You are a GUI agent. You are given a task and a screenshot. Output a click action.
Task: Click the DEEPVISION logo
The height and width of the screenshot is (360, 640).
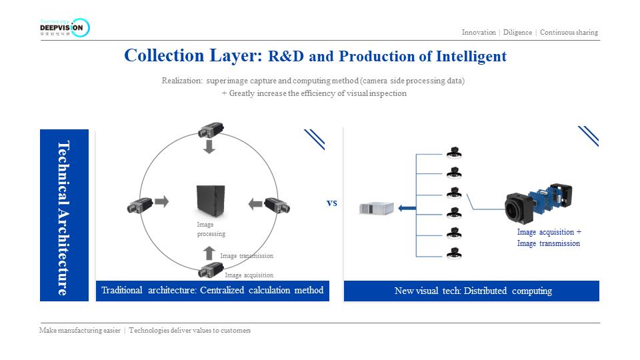[64, 27]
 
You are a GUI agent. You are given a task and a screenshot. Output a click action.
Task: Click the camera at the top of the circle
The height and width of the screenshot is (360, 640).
[209, 129]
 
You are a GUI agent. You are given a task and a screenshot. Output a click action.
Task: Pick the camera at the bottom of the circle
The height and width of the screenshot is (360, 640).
[210, 271]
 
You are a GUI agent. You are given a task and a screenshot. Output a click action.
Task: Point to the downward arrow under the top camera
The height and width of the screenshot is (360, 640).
[209, 146]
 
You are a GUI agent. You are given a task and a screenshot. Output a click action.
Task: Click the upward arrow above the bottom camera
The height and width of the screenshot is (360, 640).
[209, 253]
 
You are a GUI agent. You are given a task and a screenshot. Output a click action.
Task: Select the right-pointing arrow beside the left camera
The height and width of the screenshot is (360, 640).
[162, 200]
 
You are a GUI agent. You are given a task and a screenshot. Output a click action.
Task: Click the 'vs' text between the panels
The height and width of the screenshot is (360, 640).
[332, 203]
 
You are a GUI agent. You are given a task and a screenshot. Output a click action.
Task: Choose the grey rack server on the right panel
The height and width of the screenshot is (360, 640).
[376, 209]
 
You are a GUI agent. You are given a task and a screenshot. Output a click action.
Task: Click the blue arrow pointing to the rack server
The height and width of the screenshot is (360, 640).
[407, 209]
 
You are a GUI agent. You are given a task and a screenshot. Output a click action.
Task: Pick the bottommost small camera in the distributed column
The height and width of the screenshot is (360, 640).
[454, 253]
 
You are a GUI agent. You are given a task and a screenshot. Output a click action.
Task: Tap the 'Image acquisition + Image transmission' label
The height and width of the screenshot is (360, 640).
[549, 238]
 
